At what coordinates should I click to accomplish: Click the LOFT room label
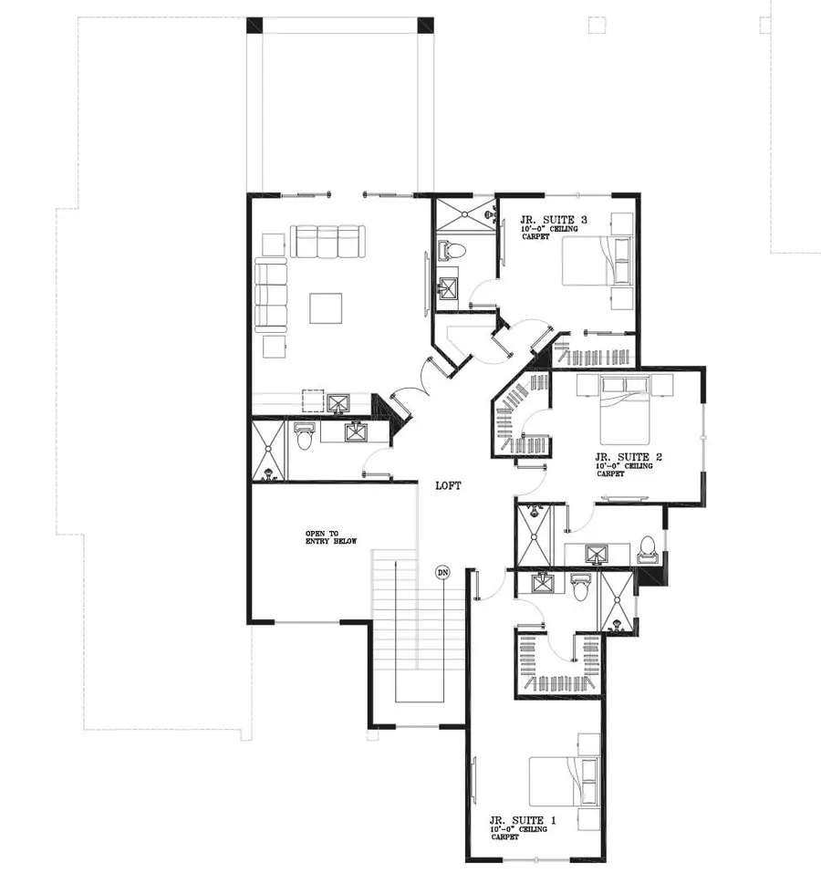[x=447, y=486]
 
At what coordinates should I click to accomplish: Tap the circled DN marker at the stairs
[x=442, y=573]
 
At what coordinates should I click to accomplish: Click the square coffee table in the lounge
[x=326, y=308]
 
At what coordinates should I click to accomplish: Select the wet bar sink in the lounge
[x=339, y=403]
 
